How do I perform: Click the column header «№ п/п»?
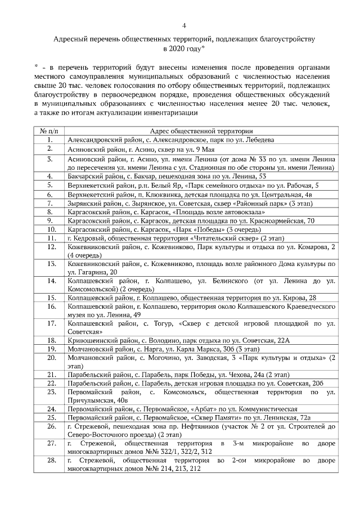49,130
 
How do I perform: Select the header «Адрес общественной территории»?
200,130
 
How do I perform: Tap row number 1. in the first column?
49,139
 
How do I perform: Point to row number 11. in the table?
49,238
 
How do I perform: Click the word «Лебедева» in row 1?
260,139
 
